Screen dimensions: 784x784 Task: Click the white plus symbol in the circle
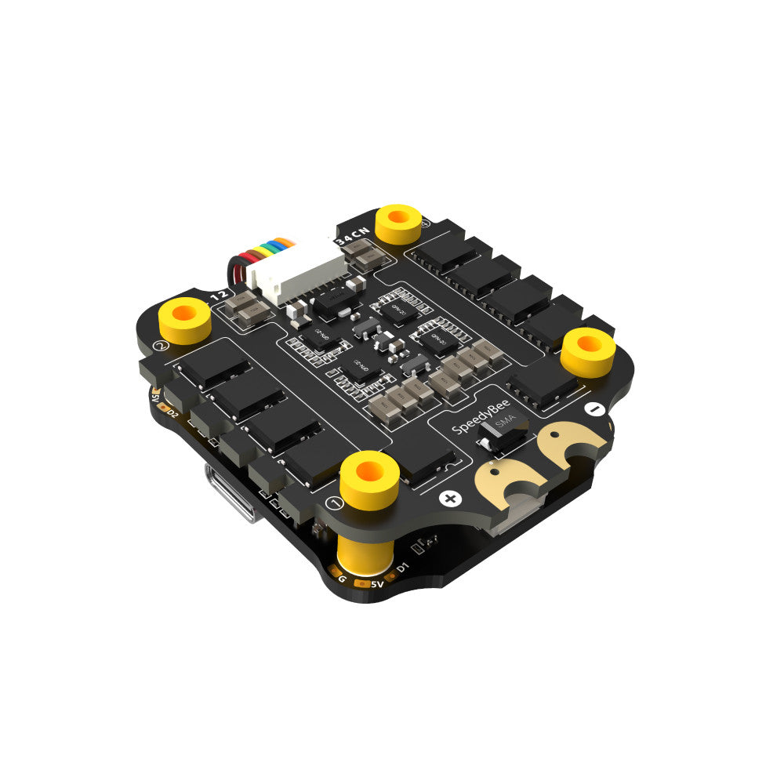[x=450, y=498]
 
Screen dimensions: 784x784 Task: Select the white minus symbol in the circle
[x=594, y=409]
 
